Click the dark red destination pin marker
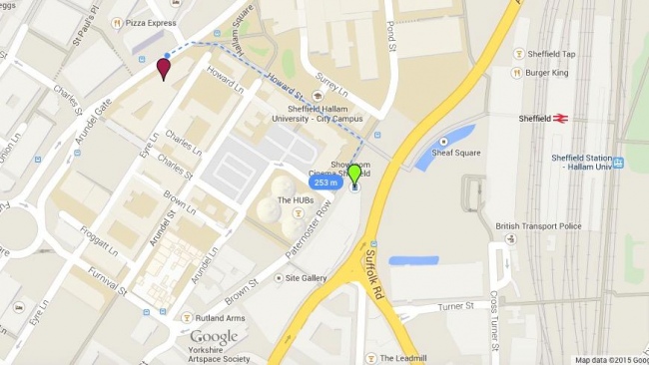163,69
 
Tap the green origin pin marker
354,176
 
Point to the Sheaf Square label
456,153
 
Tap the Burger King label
546,72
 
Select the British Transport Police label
538,226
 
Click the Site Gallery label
307,278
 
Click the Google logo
214,337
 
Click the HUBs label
296,199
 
